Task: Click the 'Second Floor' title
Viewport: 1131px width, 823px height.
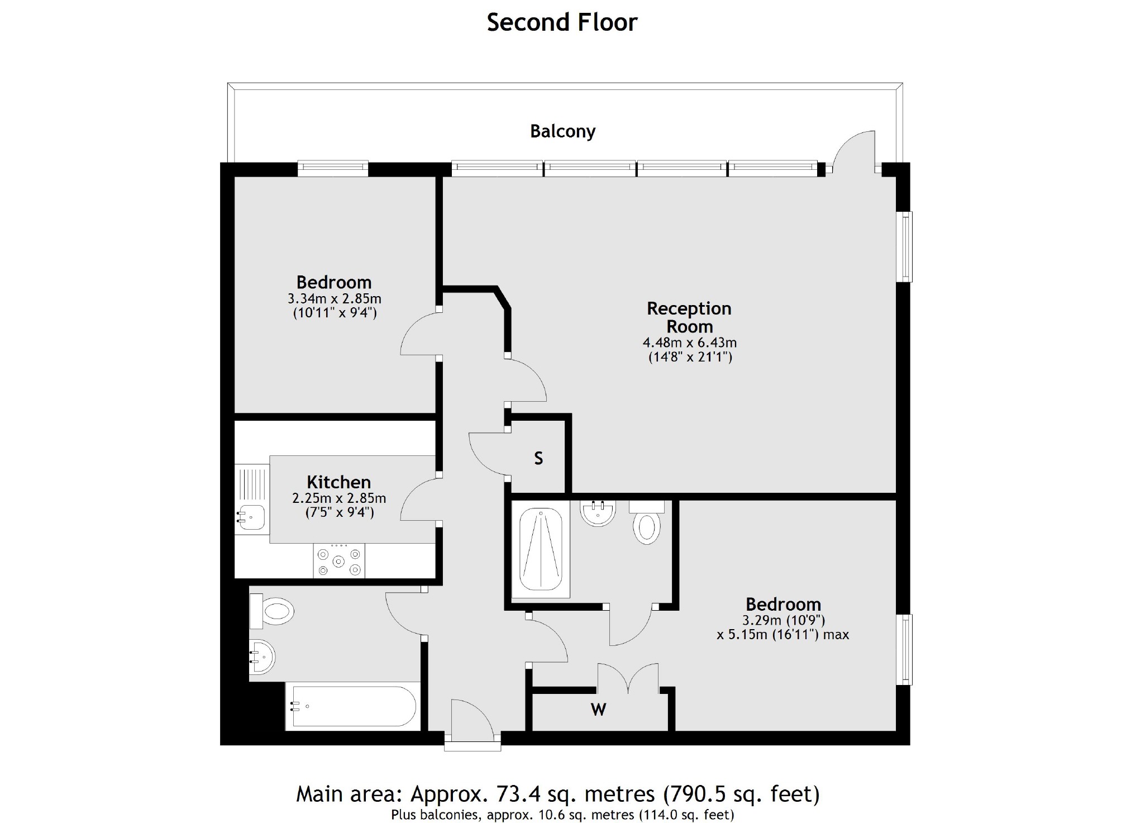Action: [x=562, y=22]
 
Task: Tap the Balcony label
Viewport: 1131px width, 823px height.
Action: [x=562, y=131]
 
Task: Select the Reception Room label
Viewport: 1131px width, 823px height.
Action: [x=689, y=317]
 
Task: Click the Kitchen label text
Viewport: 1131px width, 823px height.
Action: [x=338, y=482]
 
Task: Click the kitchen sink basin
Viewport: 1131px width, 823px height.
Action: [x=252, y=517]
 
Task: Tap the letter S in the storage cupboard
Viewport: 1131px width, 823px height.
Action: [x=538, y=459]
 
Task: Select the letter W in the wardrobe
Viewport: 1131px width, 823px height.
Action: [x=598, y=710]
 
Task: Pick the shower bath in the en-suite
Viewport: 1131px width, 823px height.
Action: [x=541, y=549]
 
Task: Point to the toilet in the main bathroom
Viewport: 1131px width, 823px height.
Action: [x=274, y=611]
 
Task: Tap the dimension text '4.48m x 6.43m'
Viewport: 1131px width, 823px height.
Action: [x=689, y=342]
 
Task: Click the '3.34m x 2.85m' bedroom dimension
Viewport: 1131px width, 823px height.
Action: [x=334, y=299]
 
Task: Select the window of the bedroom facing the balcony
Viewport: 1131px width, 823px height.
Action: [x=333, y=168]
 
